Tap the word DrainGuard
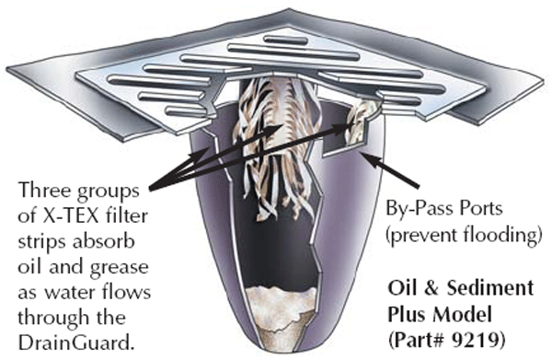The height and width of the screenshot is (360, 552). click(x=76, y=343)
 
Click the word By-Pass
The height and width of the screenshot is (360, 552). click(x=417, y=209)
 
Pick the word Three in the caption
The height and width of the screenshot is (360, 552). click(x=42, y=191)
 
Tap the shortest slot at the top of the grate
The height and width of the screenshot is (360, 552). click(x=286, y=40)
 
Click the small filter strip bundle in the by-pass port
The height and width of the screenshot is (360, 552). click(x=360, y=122)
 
